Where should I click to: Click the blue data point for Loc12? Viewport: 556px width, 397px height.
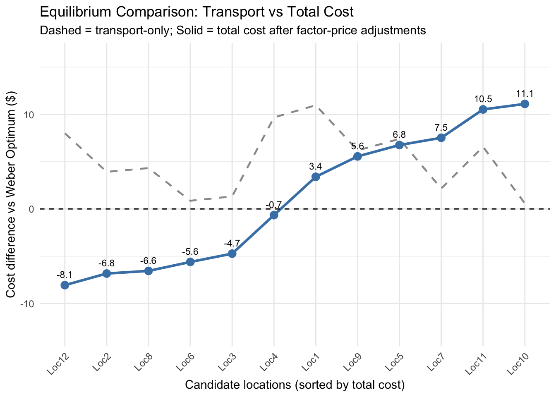click(65, 285)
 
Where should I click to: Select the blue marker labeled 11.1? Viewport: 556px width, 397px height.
click(525, 104)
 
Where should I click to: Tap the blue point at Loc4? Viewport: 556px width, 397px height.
click(274, 215)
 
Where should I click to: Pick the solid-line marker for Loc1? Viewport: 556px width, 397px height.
click(316, 177)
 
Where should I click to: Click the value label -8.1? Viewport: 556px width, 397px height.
click(65, 275)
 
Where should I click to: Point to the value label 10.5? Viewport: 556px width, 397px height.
click(483, 99)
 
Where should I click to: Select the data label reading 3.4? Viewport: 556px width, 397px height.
click(316, 167)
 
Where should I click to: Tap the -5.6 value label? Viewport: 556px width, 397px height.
click(190, 252)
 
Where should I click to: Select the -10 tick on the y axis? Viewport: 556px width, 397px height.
click(26, 304)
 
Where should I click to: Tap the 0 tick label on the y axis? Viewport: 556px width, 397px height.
click(31, 209)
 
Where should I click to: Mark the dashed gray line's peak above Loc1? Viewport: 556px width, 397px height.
click(316, 105)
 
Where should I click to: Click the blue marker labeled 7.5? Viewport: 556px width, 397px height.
click(441, 138)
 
